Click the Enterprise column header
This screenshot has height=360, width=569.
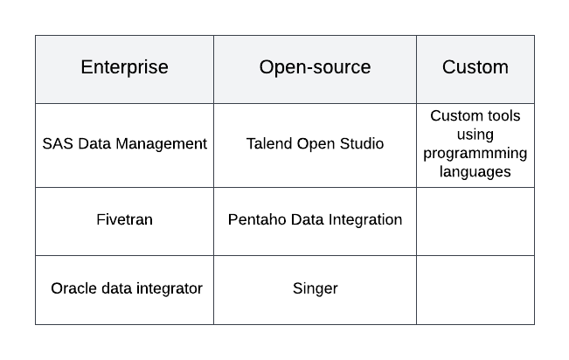click(x=124, y=67)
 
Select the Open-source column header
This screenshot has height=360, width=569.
click(x=315, y=67)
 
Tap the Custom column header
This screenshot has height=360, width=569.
click(x=475, y=67)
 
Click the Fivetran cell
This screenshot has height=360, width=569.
click(x=124, y=219)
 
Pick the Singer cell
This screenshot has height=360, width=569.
click(x=315, y=288)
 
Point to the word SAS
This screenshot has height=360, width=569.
click(x=58, y=143)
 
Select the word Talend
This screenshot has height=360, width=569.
click(x=269, y=143)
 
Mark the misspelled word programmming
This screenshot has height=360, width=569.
click(x=475, y=154)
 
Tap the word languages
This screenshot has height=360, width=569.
click(x=475, y=172)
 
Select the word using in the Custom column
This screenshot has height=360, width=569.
click(x=475, y=135)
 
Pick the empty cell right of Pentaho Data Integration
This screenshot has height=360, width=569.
click(x=475, y=221)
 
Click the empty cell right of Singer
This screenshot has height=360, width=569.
click(x=475, y=290)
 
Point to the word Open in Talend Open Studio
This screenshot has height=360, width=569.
click(x=316, y=144)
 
